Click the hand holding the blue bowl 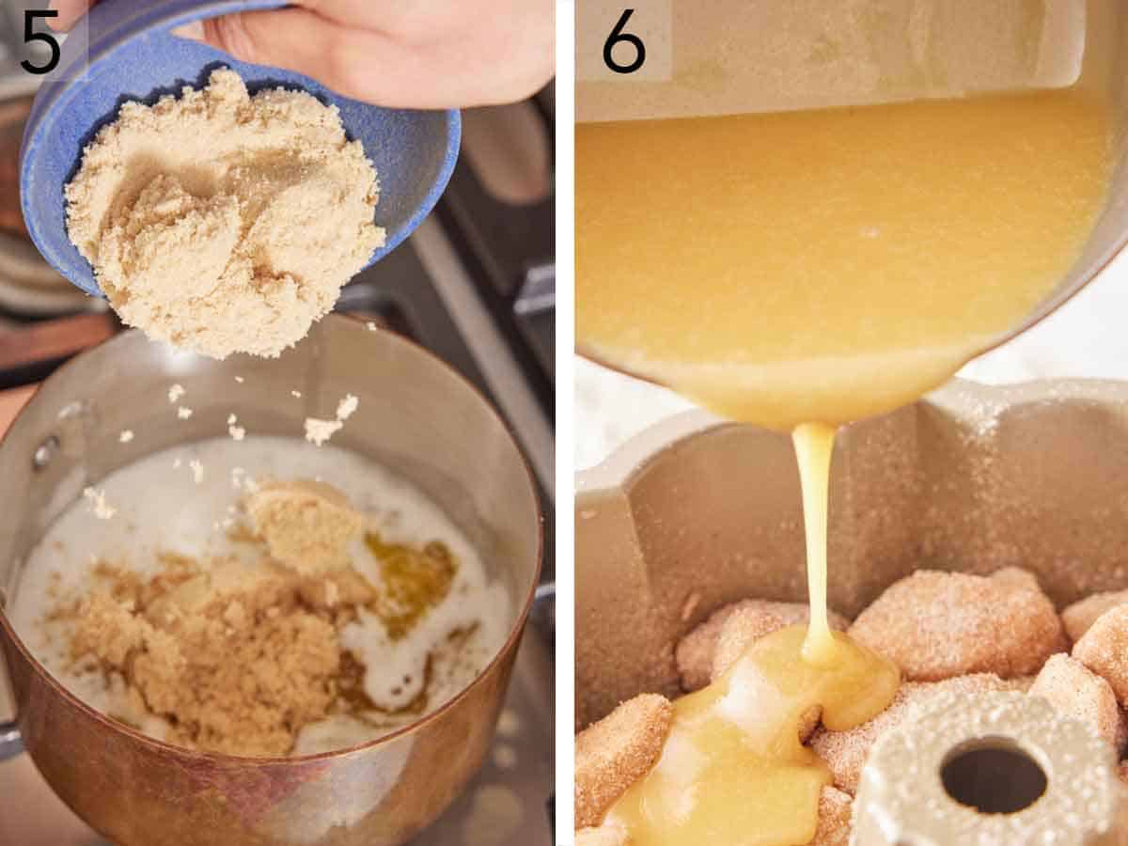coord(395,47)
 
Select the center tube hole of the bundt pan coord(994,775)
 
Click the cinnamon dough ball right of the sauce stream coord(959,625)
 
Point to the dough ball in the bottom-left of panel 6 coord(620,752)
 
